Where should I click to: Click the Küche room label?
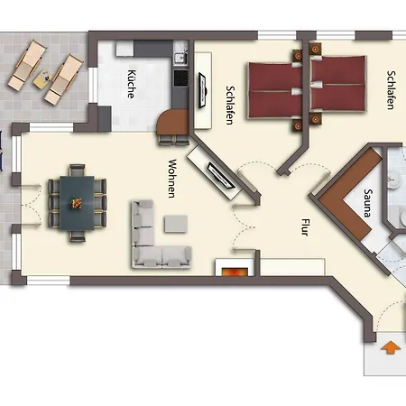coord(132,84)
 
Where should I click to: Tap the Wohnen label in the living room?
coord(172,179)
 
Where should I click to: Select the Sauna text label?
coord(368,203)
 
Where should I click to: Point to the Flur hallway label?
coord(305,227)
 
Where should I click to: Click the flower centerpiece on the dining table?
coord(77,203)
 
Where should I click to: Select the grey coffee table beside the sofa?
coord(176,224)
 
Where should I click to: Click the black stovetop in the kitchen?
coord(180,78)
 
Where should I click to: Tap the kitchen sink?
coord(180,56)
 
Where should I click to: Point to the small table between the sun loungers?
coord(43,78)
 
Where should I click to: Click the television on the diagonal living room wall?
coord(221,175)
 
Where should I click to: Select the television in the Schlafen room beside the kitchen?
coord(202,90)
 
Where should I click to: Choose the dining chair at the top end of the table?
coord(77,170)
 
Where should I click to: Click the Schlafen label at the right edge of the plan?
coord(391,90)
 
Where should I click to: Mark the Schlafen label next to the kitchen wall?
coord(230,106)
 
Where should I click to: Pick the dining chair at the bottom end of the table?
coord(78,236)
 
